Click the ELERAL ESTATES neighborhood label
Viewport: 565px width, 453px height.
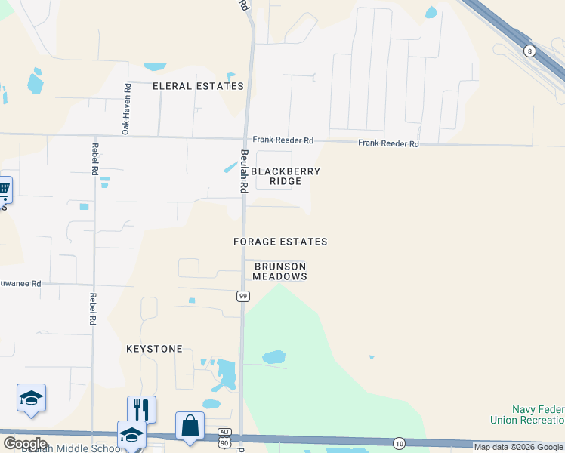coord(199,86)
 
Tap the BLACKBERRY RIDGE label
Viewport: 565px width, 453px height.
coord(286,177)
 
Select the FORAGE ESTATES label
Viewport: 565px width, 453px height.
coord(280,242)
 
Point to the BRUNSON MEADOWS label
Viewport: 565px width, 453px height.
coord(280,272)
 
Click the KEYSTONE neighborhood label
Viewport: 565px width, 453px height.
coord(154,349)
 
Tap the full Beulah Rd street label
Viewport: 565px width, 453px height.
coord(245,171)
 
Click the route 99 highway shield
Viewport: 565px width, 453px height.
coord(242,295)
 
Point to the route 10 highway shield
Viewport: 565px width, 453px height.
coord(399,442)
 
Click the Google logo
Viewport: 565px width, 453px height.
coord(25,444)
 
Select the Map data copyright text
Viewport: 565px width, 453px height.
coord(518,447)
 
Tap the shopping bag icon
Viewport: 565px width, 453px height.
coord(190,425)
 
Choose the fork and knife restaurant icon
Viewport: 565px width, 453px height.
coord(141,408)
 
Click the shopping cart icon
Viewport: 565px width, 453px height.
coord(4,189)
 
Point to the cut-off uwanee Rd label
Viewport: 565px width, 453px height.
coord(20,284)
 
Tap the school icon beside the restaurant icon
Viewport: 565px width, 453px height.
coord(131,434)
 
